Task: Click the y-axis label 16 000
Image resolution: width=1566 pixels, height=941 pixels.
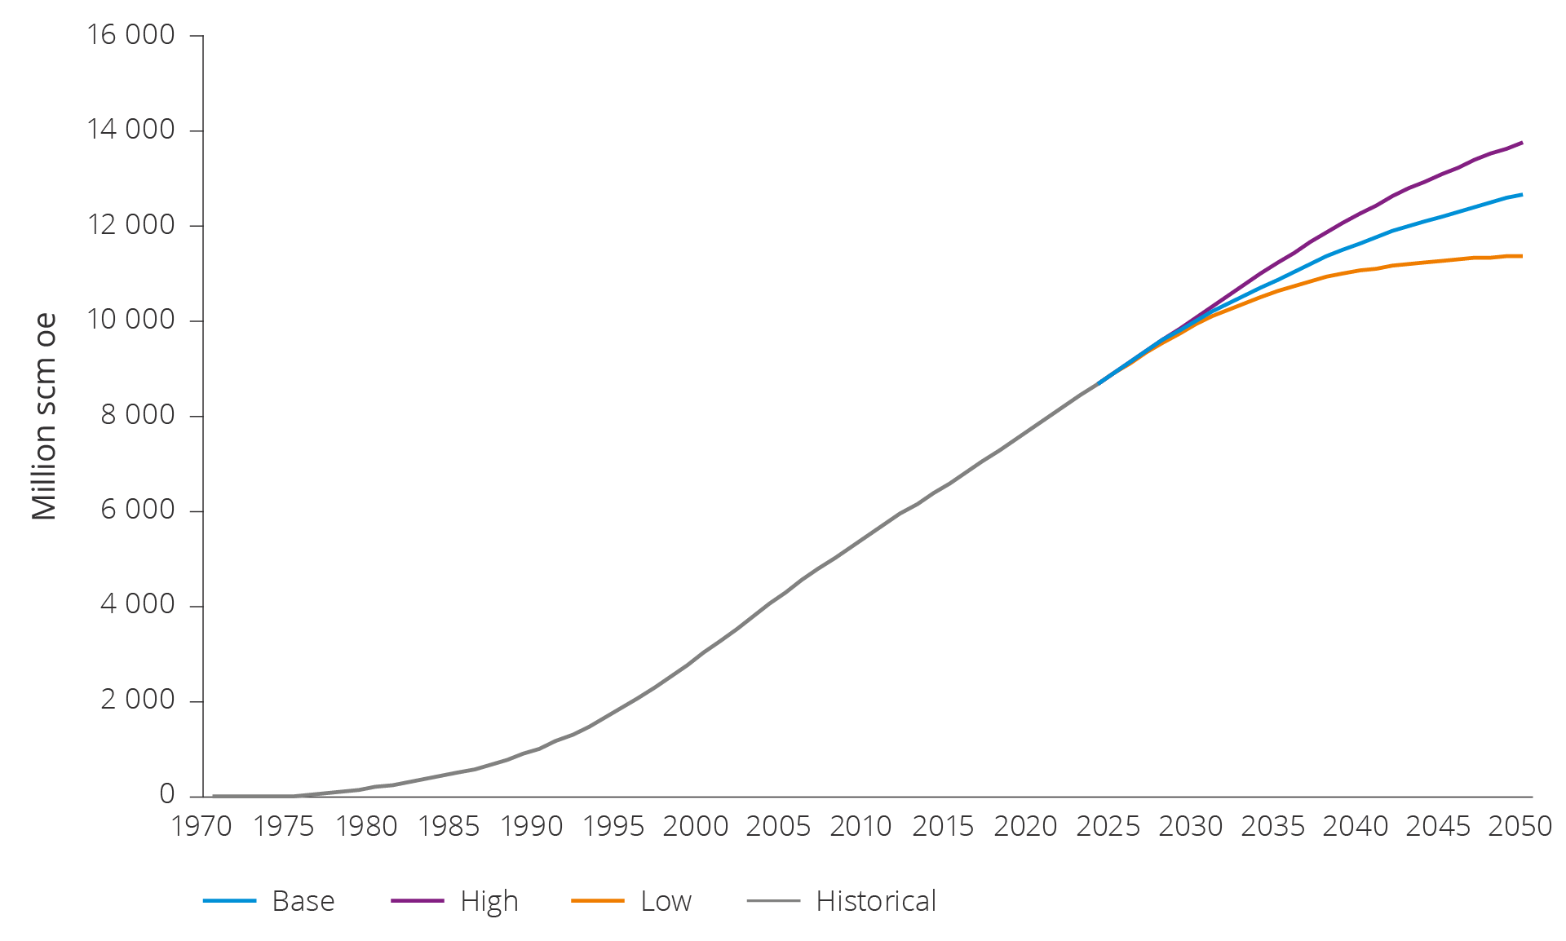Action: [x=130, y=35]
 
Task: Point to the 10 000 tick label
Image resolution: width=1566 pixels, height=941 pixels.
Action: [x=130, y=320]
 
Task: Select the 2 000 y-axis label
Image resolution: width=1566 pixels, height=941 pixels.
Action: [x=137, y=700]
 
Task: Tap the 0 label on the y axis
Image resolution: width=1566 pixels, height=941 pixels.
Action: [x=166, y=794]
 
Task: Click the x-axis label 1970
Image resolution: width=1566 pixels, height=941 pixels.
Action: [x=201, y=827]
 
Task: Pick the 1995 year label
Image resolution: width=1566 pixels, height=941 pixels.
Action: [x=613, y=827]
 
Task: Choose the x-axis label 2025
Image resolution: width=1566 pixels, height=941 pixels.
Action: [x=1108, y=827]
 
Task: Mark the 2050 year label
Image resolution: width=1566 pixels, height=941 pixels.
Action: [x=1520, y=827]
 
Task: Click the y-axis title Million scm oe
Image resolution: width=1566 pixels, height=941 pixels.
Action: [x=44, y=416]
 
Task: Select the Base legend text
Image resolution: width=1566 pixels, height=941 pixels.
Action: [x=303, y=901]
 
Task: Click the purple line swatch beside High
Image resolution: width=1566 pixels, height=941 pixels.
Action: [x=417, y=901]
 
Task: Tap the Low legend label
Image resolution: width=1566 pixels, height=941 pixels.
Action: [x=666, y=901]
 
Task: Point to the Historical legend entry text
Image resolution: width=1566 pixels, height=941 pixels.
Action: [x=876, y=901]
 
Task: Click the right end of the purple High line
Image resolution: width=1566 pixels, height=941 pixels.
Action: [x=1521, y=143]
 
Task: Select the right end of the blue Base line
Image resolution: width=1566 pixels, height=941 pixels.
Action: [x=1521, y=195]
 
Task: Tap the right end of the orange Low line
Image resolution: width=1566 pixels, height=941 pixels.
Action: [x=1521, y=256]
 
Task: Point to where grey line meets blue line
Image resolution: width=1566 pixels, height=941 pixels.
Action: [x=1099, y=382]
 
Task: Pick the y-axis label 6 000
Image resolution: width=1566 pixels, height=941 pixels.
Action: [x=137, y=510]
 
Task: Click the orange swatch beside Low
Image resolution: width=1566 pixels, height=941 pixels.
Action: [x=597, y=901]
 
